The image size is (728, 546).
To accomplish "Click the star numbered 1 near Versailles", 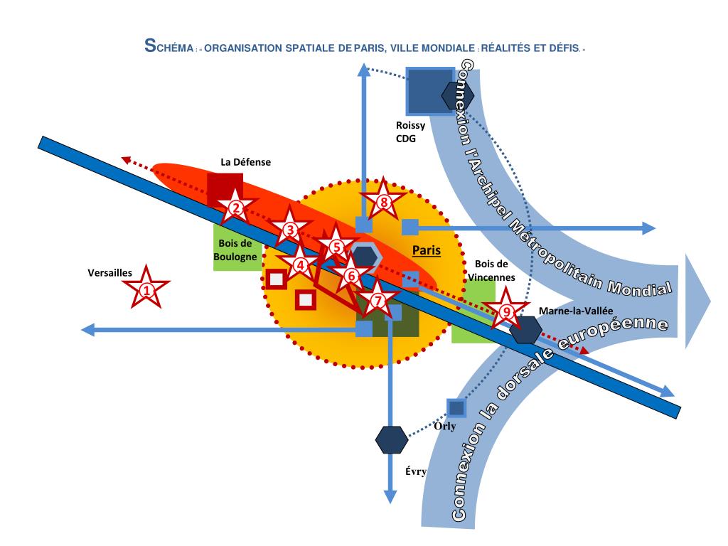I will click(146, 289).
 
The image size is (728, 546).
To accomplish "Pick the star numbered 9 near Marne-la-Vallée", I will click(505, 310).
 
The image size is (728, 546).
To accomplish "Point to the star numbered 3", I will click(289, 229).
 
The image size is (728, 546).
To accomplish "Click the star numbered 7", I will click(378, 300).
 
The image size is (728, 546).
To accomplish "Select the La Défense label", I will click(245, 162).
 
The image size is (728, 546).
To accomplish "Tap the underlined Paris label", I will click(427, 250).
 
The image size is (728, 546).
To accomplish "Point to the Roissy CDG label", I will click(411, 132).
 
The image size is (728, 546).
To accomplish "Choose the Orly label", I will click(444, 427).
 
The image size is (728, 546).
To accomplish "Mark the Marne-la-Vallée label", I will click(576, 311).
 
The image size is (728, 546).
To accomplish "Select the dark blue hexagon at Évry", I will click(391, 439).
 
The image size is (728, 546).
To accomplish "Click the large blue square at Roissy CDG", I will click(429, 92).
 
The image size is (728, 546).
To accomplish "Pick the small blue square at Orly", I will click(456, 408).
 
